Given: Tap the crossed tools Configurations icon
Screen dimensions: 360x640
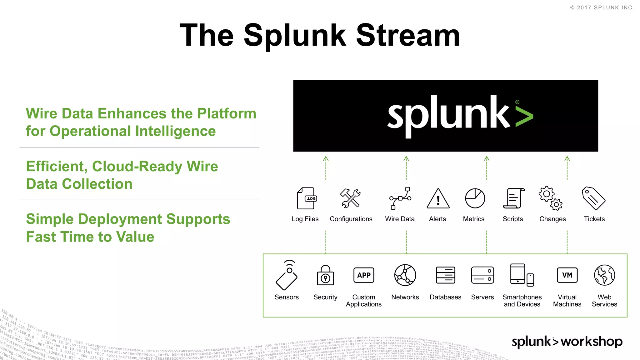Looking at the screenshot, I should tap(350, 198).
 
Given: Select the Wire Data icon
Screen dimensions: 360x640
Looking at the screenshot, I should tap(400, 198).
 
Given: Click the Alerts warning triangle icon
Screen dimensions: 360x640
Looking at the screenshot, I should tap(438, 199).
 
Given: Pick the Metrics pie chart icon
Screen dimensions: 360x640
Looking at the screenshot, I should tap(475, 198).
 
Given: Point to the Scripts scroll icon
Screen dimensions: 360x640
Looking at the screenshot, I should tap(513, 198).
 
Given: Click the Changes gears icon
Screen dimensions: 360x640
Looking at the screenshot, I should tap(550, 198).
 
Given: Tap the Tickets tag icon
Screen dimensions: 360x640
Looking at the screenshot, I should tap(593, 198).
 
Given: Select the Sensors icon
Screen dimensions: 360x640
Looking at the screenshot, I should tap(287, 275).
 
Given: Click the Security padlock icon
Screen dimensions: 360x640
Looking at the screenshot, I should tap(325, 275).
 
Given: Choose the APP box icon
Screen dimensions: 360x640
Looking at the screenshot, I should tap(364, 275).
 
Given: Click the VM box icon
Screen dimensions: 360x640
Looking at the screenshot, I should tap(567, 275).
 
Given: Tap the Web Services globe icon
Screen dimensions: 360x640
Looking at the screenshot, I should tap(604, 275).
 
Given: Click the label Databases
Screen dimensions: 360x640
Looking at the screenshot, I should tap(445, 297).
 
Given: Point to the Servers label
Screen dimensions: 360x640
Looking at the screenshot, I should tap(482, 297).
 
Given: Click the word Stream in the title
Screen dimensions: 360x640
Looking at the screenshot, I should tap(408, 36).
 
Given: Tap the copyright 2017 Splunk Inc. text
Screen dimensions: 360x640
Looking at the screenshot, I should tap(602, 7).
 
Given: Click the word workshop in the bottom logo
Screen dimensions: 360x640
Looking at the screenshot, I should tap(591, 342).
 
